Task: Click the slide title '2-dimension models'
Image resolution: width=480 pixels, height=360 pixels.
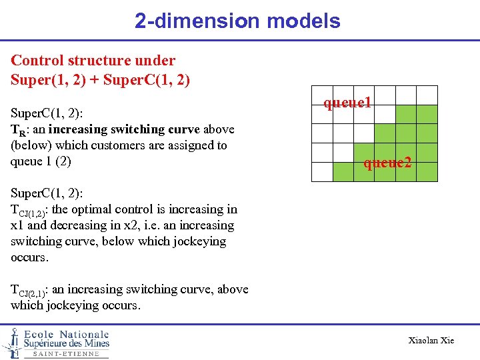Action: click(237, 21)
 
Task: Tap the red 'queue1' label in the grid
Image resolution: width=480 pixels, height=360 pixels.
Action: click(347, 103)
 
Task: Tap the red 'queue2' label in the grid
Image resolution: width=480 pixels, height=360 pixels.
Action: click(387, 162)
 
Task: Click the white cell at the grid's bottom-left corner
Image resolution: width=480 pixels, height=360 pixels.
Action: click(322, 172)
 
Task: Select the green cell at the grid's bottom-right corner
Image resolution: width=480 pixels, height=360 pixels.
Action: click(427, 172)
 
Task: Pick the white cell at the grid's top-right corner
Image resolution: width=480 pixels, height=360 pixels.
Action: click(427, 95)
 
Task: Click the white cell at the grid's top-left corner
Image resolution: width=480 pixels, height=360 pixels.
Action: click(322, 95)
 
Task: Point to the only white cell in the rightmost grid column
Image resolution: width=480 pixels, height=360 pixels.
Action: click(427, 95)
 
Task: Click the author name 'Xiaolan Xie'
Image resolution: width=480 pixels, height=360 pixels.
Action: click(431, 341)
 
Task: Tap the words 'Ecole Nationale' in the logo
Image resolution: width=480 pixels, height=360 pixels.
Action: click(66, 334)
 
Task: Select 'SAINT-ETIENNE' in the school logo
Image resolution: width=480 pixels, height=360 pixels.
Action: click(66, 354)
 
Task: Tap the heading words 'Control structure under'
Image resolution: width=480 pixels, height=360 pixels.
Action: click(93, 61)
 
